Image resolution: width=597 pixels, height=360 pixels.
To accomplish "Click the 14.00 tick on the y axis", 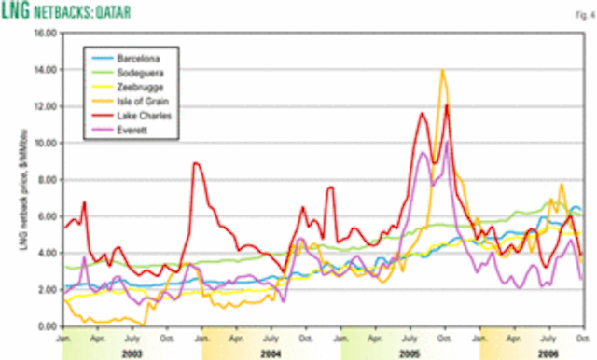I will (45, 69).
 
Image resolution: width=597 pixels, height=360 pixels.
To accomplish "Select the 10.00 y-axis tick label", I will (45, 143).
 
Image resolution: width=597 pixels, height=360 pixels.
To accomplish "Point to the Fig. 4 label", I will (579, 11).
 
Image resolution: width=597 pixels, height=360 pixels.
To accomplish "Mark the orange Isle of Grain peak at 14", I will (442, 70).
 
